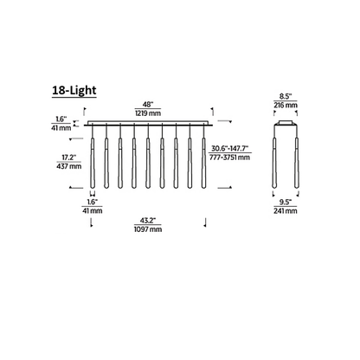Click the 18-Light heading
pos(74,90)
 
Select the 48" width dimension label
pos(148,104)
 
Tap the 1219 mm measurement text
pos(148,113)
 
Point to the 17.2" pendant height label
pos(69,157)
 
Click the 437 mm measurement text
pos(69,166)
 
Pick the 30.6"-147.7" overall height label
pos(230,149)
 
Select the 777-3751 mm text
pos(230,157)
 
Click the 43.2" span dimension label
pos(148,221)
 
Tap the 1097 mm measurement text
pos(148,229)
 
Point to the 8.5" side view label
pos(286,96)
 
